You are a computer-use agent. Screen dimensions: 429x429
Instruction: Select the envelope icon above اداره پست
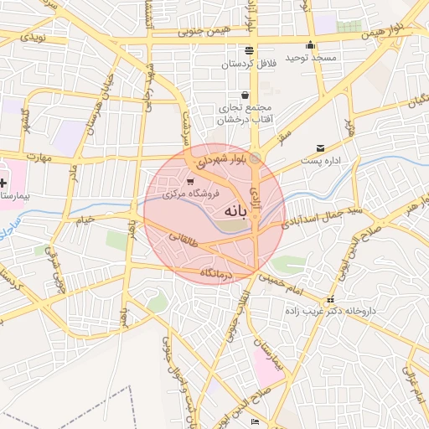(320, 148)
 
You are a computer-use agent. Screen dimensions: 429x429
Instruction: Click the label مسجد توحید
(312, 57)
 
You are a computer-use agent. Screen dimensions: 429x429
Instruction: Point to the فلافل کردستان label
(249, 64)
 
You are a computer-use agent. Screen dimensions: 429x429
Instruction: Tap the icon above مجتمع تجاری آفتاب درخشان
(244, 96)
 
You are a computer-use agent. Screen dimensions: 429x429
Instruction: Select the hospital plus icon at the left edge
(3, 182)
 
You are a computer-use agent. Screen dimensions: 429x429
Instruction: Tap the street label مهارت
(38, 158)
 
